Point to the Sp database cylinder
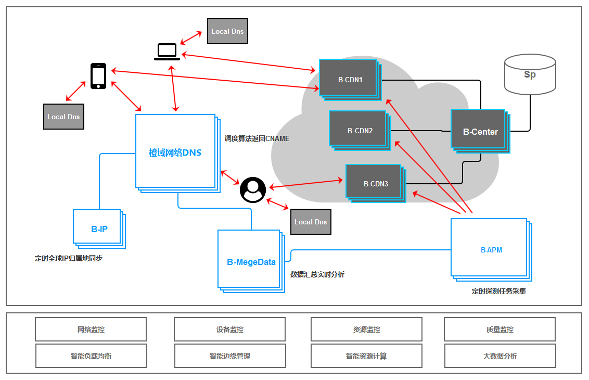coord(529,75)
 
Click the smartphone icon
coord(98,76)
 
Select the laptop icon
coord(167,52)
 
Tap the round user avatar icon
coord(253,189)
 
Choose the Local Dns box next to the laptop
coord(227,31)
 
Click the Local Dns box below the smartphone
coord(63,117)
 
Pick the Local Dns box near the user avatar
coord(311,222)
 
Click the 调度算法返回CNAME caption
coord(257,138)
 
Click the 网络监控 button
coord(91,330)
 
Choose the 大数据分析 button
coord(500,356)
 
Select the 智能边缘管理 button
coord(230,356)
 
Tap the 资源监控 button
coord(366,330)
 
